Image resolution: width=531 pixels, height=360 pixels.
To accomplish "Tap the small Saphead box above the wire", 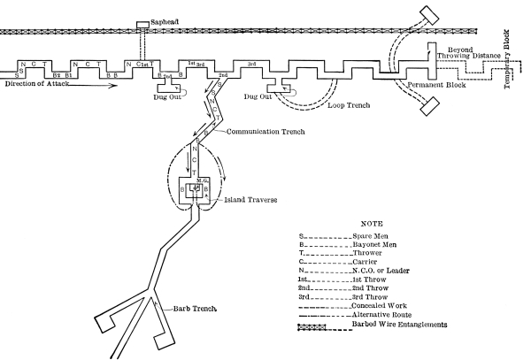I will (x=141, y=25).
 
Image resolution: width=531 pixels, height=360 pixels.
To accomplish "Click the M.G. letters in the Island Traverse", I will (x=203, y=180).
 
